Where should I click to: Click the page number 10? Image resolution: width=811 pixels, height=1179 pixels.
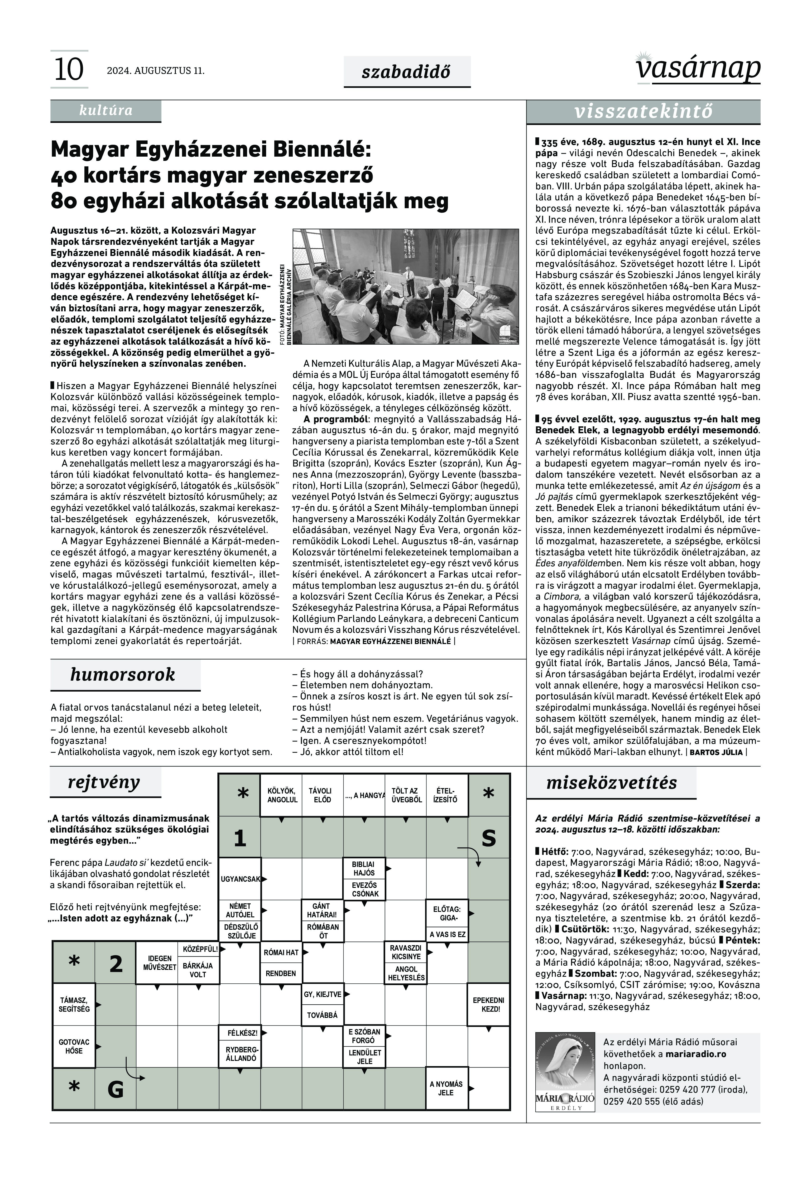[x=69, y=70]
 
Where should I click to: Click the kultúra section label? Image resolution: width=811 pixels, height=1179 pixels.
[x=106, y=111]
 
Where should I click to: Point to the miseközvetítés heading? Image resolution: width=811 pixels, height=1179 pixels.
[x=611, y=783]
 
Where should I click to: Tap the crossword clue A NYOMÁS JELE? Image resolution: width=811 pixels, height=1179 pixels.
[x=446, y=1088]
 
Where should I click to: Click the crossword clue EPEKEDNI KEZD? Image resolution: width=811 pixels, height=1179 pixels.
[x=488, y=1005]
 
